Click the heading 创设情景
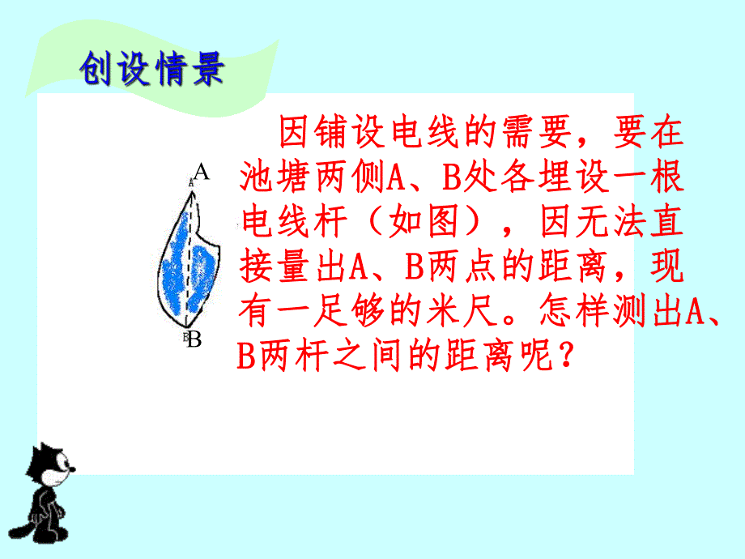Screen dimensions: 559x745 click(x=151, y=71)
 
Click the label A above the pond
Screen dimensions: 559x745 click(x=201, y=172)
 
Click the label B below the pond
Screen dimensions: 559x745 click(x=194, y=339)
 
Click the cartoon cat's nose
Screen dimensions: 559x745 click(x=74, y=469)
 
